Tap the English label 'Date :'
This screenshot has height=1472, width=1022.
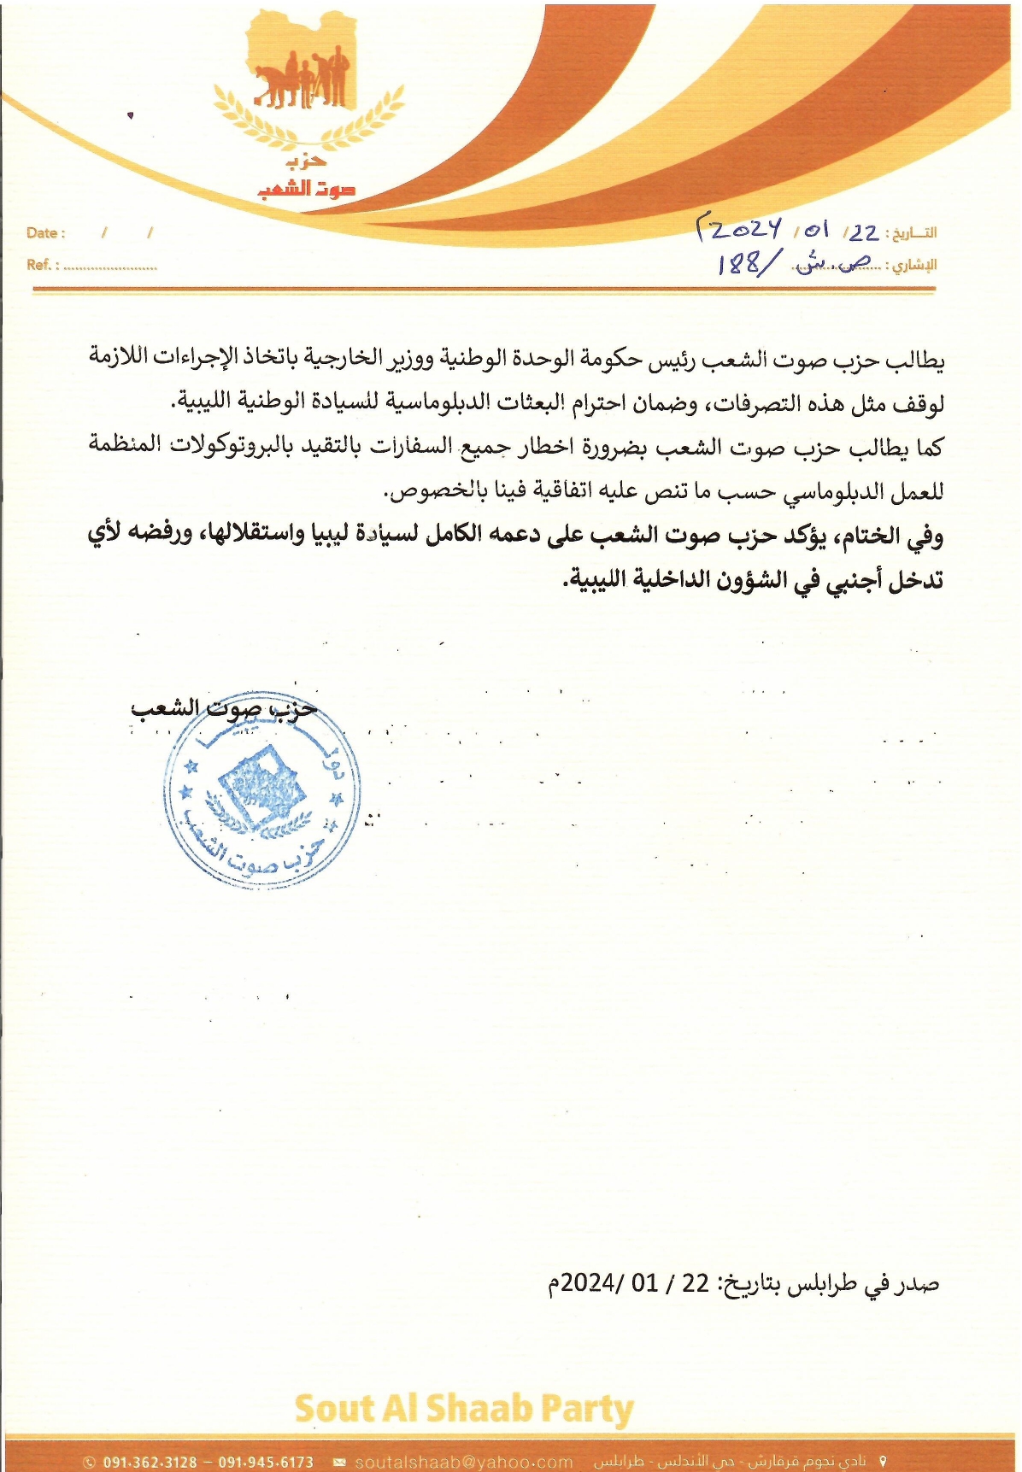coord(45,233)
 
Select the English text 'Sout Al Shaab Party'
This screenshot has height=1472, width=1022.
coord(463,1409)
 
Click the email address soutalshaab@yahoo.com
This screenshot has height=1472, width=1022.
coord(464,1462)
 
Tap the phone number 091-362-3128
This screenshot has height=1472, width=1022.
coord(150,1462)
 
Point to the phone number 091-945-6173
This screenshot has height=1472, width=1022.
coord(266,1462)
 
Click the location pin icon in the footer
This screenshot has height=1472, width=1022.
coord(883,1461)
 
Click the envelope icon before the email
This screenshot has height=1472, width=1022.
coord(339,1462)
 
